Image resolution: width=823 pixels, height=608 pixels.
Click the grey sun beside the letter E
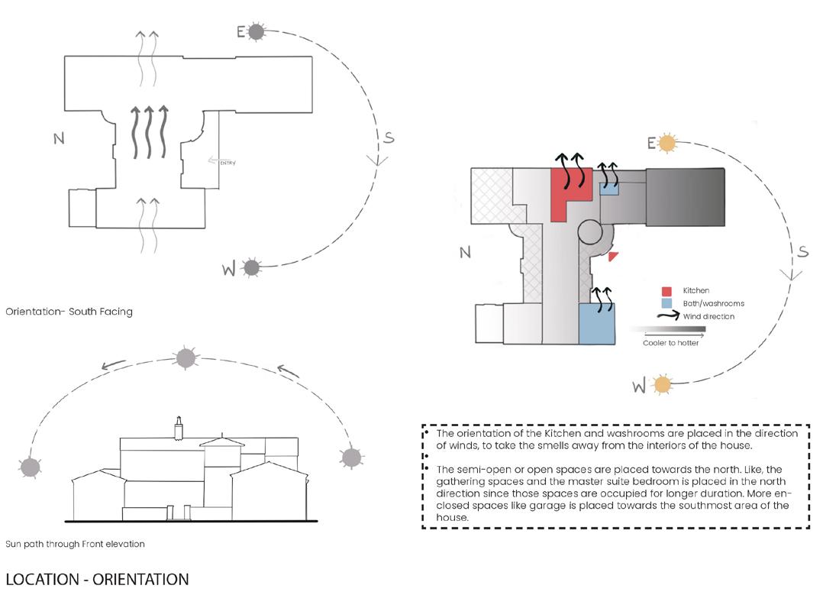click(257, 31)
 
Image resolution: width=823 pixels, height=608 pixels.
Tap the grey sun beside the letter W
click(251, 267)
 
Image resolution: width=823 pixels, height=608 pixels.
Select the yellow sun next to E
click(667, 142)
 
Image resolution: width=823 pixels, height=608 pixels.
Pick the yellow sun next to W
click(661, 384)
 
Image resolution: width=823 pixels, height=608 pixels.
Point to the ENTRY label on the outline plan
click(227, 162)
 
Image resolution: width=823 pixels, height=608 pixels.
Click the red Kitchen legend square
click(666, 291)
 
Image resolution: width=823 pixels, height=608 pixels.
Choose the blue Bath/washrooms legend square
click(666, 303)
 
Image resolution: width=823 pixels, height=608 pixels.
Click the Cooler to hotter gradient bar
click(668, 329)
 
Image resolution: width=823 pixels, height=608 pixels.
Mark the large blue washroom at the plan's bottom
click(596, 324)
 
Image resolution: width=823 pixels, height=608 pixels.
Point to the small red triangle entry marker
click(612, 257)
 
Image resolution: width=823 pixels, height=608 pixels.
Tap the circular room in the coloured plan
click(590, 231)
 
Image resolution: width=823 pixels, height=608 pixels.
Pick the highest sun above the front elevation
click(186, 357)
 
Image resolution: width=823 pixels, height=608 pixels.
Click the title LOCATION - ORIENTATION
click(97, 580)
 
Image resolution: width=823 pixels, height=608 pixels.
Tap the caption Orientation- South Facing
click(69, 312)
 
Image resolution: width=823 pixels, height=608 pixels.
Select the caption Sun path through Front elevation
click(75, 544)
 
